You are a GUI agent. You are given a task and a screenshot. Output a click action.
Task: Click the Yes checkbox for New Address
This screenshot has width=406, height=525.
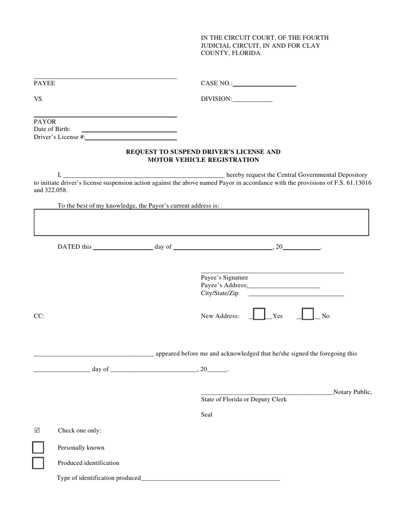259,315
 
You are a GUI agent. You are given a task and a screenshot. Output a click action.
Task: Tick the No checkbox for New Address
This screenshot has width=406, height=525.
308,315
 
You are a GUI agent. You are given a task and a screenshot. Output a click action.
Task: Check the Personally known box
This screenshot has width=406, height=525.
38,447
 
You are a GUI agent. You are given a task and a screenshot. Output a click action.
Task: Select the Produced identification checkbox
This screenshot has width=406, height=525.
38,463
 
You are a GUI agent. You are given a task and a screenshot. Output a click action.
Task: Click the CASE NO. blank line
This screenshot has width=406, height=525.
265,85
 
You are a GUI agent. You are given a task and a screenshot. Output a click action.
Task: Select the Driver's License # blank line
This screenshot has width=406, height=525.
131,138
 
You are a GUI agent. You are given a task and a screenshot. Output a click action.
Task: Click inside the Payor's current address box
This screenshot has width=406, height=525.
201,222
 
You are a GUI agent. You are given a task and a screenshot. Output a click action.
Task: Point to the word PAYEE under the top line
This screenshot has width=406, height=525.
44,84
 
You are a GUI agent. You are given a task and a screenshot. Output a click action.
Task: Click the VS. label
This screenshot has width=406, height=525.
38,99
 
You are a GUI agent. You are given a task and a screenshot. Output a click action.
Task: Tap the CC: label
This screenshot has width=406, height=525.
39,316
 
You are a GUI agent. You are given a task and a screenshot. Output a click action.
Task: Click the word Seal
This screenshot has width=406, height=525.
206,415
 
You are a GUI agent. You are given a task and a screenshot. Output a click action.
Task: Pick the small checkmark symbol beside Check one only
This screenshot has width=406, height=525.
37,430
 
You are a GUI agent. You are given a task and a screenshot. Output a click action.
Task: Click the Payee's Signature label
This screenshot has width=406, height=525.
224,278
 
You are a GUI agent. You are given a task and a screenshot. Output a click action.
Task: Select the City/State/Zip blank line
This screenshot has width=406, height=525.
296,294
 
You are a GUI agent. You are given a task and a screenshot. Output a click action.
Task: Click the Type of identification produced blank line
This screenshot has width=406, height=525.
210,479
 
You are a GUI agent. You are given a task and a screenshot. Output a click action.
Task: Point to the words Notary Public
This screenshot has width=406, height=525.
353,392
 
